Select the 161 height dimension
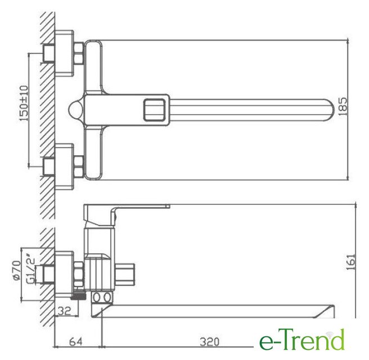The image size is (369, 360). coord(351,262)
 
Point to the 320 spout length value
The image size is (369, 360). coord(209,342)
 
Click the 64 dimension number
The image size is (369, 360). coord(75,341)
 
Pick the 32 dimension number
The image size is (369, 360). coord(64,311)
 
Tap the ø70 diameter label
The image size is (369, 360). coord(16,271)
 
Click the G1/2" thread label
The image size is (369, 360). coord(31,271)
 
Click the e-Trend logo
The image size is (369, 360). coord(302,339)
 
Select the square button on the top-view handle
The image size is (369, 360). coord(154,110)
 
